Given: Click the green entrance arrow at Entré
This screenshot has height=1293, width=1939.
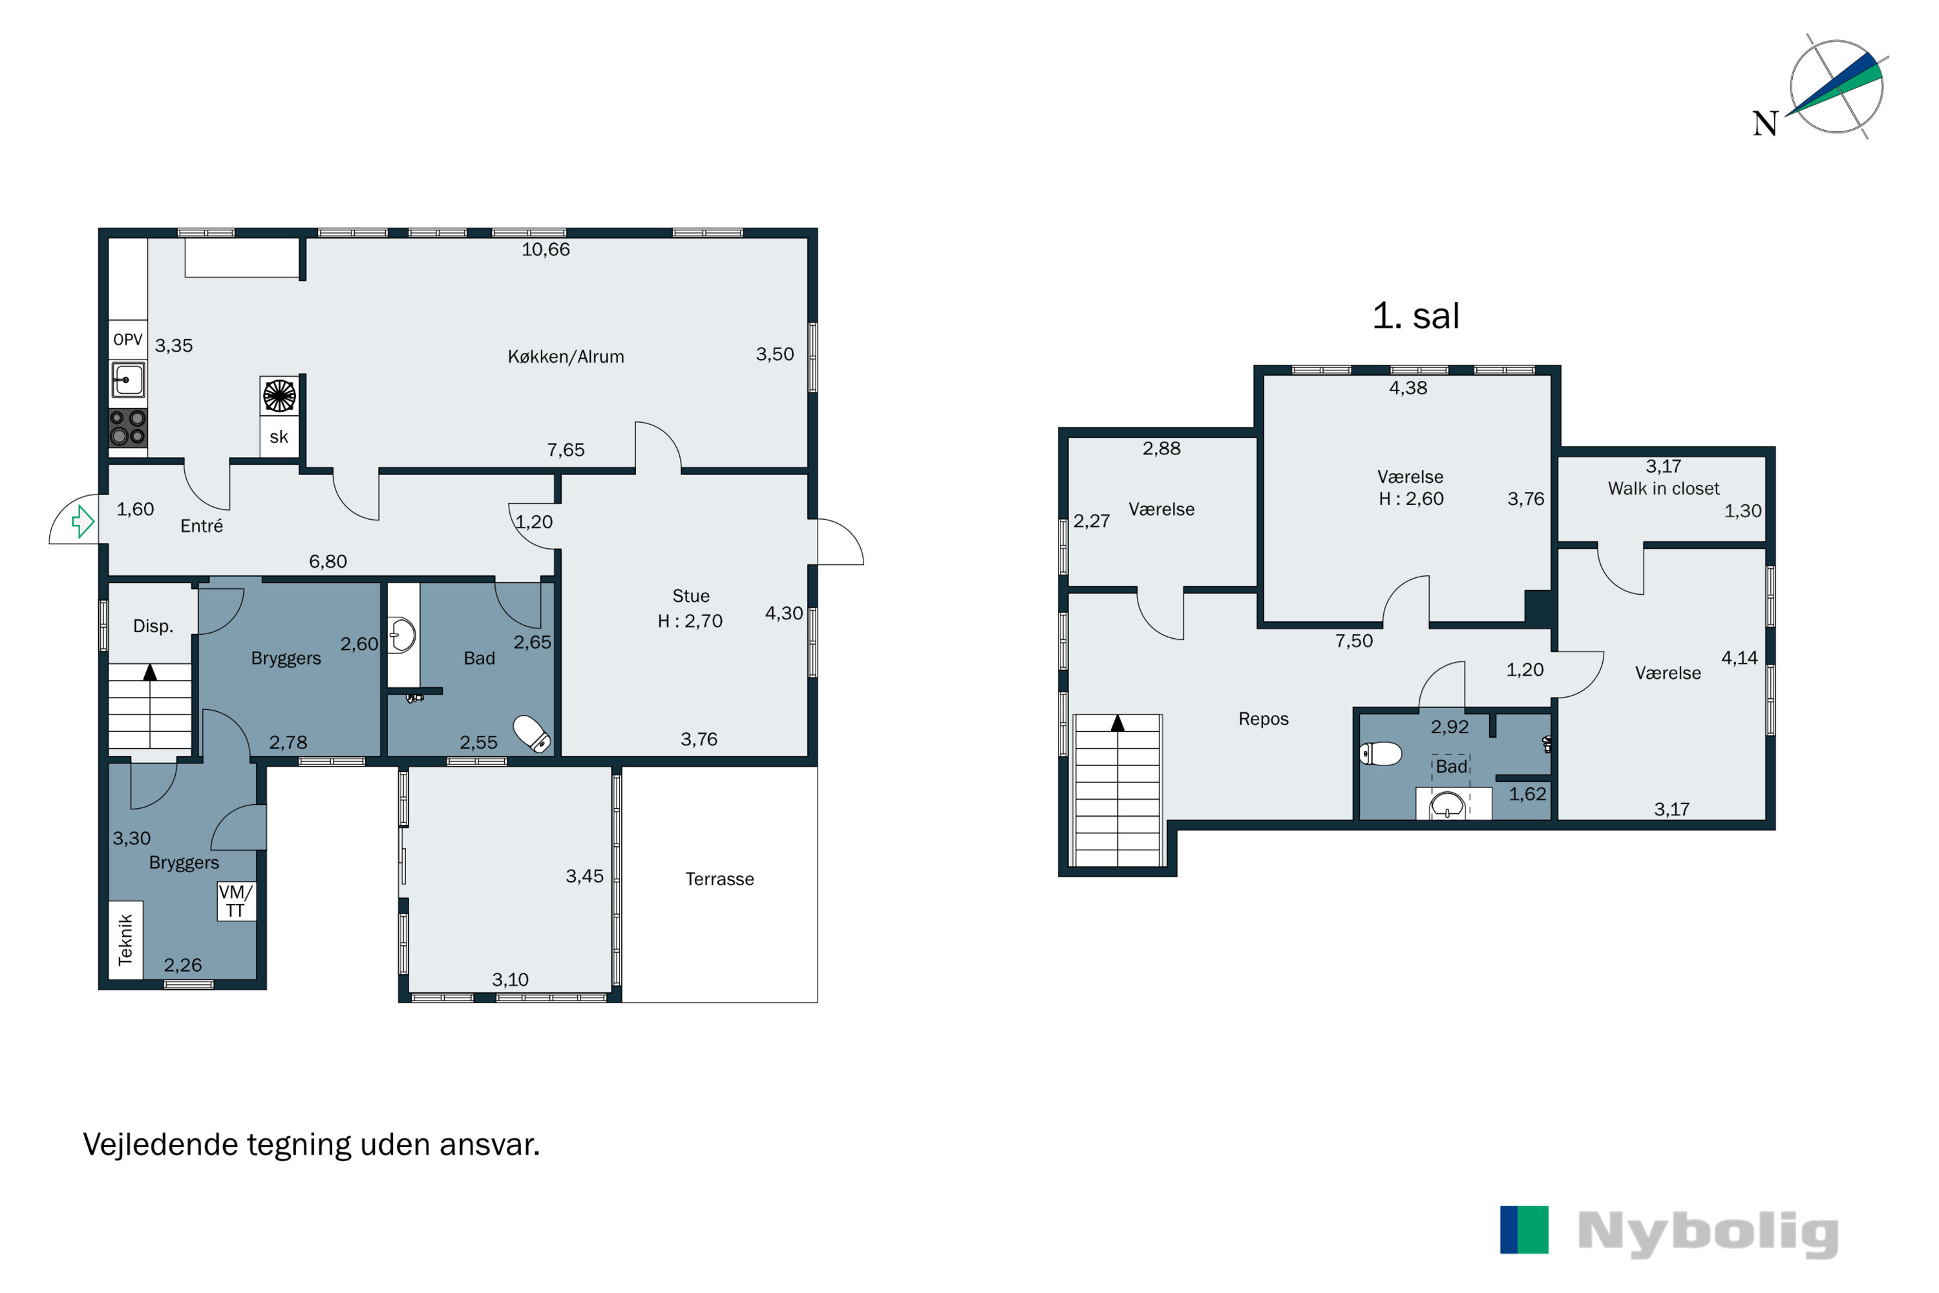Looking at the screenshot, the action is pyautogui.click(x=83, y=521).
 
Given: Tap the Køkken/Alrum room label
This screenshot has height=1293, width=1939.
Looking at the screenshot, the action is pyautogui.click(x=566, y=357).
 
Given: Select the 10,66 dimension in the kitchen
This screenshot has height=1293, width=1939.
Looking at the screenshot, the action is pyautogui.click(x=546, y=249).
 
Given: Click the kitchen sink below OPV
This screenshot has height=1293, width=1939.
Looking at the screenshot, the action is pyautogui.click(x=128, y=381).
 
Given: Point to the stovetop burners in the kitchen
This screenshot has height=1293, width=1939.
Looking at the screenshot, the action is pyautogui.click(x=128, y=428).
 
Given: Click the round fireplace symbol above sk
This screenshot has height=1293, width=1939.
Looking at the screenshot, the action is pyautogui.click(x=279, y=396).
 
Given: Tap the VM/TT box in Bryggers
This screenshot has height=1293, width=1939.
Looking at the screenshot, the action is pyautogui.click(x=236, y=901).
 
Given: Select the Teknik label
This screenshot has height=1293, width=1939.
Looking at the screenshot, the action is pyautogui.click(x=125, y=939).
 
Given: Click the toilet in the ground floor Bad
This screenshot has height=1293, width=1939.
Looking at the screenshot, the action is pyautogui.click(x=533, y=733).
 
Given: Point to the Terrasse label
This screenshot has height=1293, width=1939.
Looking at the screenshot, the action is pyautogui.click(x=720, y=879).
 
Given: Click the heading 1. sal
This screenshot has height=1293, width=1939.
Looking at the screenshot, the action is pyautogui.click(x=1415, y=316).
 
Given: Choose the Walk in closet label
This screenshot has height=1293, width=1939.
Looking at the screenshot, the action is pyautogui.click(x=1664, y=488).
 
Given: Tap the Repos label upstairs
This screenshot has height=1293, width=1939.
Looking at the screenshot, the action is pyautogui.click(x=1263, y=719).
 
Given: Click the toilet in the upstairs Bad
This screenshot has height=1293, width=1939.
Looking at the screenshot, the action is pyautogui.click(x=1381, y=754).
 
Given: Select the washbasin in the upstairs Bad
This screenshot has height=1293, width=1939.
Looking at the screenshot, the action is pyautogui.click(x=1447, y=805).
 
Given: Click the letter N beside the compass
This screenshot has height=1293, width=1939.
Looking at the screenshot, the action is pyautogui.click(x=1765, y=123).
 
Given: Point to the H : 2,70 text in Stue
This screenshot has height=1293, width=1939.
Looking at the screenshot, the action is pyautogui.click(x=690, y=621).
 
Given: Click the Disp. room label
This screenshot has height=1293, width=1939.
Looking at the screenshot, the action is pyautogui.click(x=153, y=626).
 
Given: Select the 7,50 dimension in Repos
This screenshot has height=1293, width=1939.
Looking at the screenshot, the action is pyautogui.click(x=1355, y=641).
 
